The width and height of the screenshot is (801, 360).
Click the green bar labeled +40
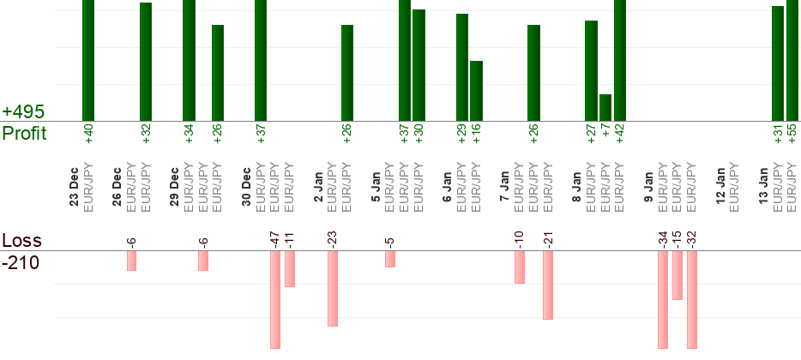pos(88,60)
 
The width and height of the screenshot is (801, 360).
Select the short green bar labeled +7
pos(605,108)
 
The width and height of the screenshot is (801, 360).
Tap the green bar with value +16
pos(476,91)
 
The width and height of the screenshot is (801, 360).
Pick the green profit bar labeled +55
pos(792,60)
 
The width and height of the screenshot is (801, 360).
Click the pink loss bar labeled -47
pos(275,299)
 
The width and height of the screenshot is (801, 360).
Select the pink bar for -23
pos(333,288)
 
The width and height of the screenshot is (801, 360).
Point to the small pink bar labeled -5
pos(390,259)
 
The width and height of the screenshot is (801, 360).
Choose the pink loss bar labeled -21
pos(548,285)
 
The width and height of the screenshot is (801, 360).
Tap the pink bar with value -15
pos(678,275)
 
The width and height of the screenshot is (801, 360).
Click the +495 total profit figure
pos(23,112)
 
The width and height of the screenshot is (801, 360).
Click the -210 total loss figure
pos(21,262)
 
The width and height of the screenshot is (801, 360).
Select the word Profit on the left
pos(24,133)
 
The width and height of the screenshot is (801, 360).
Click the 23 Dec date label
pos(74,189)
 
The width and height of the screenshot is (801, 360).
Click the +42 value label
pos(620,135)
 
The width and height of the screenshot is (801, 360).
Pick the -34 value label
pos(663,238)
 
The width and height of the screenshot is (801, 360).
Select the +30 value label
pos(419,135)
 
